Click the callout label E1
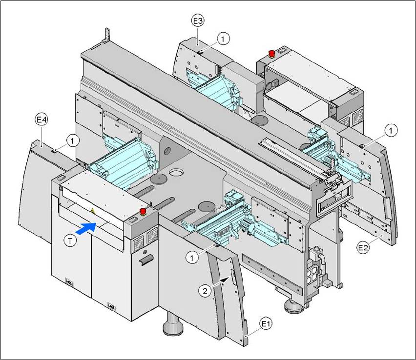point(266,323)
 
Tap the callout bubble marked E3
point(197,21)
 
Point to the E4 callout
point(41,120)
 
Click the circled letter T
point(71,240)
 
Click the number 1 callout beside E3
point(223,37)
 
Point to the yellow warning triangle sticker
point(92,211)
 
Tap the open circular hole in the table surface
point(177,173)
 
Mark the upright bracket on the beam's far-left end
point(105,37)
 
